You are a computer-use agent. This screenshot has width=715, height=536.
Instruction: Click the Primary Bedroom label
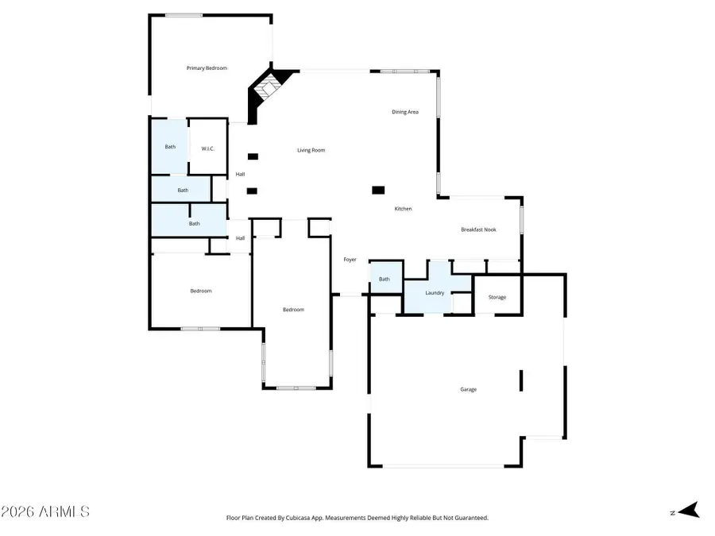207,68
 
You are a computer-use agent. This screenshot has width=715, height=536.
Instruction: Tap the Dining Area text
404,112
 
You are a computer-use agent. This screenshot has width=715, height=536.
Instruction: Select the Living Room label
311,150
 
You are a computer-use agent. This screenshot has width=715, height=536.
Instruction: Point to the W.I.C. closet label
208,148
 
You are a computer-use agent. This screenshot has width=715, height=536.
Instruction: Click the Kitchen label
404,209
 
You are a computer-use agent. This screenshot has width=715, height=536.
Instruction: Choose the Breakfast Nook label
478,229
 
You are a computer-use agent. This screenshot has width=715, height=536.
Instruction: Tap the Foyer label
350,260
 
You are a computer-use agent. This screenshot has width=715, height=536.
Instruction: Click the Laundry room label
435,293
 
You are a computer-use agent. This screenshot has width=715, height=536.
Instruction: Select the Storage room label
497,297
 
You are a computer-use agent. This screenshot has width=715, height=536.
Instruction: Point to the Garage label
468,389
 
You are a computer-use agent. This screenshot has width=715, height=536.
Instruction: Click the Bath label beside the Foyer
385,279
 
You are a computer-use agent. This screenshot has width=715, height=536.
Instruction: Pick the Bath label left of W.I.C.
170,146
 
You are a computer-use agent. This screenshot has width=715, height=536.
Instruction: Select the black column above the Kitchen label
379,190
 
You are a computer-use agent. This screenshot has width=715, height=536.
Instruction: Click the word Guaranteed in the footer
470,518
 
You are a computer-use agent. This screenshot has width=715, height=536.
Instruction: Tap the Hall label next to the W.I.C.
240,174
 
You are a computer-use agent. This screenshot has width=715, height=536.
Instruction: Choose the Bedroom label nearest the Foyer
293,310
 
